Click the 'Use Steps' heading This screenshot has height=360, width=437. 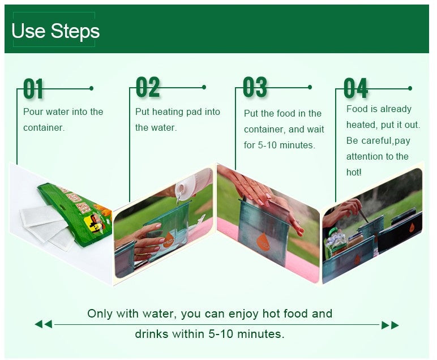pyautogui.click(x=55, y=31)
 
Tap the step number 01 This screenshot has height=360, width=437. pyautogui.click(x=33, y=89)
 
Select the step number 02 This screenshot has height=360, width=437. pyautogui.click(x=148, y=87)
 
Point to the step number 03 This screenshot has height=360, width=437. pyautogui.click(x=255, y=87)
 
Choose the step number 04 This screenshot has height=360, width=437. pyautogui.click(x=355, y=88)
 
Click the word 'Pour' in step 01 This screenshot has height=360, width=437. pyautogui.click(x=33, y=112)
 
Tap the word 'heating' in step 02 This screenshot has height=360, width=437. pyautogui.click(x=168, y=112)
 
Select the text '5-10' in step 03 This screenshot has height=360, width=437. pyautogui.click(x=267, y=145)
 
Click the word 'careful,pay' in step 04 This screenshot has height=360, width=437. pyautogui.click(x=385, y=141)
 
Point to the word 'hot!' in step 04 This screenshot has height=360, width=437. pyautogui.click(x=354, y=172)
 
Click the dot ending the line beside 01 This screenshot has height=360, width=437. pyautogui.click(x=91, y=88)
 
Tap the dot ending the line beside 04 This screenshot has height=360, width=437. pyautogui.click(x=410, y=88)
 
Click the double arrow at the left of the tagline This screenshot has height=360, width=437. pyautogui.click(x=43, y=324)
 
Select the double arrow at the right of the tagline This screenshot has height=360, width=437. pyautogui.click(x=390, y=325)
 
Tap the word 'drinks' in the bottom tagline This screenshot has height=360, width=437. pyautogui.click(x=151, y=334)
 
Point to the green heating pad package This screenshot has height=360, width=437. pyautogui.click(x=75, y=213)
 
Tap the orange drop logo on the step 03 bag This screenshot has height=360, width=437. pyautogui.click(x=263, y=242)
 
